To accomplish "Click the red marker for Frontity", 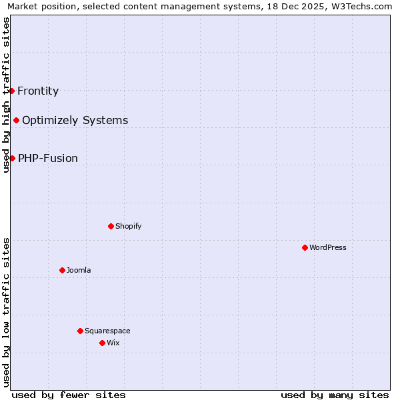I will [x=11, y=91].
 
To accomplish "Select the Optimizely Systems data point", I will [x=16, y=121].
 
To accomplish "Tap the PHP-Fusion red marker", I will [x=12, y=158].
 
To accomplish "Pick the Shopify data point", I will [x=111, y=226].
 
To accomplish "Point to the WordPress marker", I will [x=305, y=247].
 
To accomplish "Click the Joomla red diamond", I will [x=62, y=270].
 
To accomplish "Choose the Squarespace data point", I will [x=80, y=331].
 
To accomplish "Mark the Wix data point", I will [x=102, y=343].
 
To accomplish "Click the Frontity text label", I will [x=38, y=91].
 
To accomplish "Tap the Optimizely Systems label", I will [x=75, y=121].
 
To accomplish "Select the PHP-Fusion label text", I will [x=48, y=159].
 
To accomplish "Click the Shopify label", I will [x=128, y=227].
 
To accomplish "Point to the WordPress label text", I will [x=327, y=248].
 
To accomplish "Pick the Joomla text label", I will [x=79, y=271].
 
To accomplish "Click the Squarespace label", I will [x=107, y=331].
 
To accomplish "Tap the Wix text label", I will [x=113, y=343].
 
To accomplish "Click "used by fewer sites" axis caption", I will [x=69, y=395].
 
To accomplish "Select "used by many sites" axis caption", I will [x=335, y=395].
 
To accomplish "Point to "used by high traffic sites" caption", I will [x=6, y=95].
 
